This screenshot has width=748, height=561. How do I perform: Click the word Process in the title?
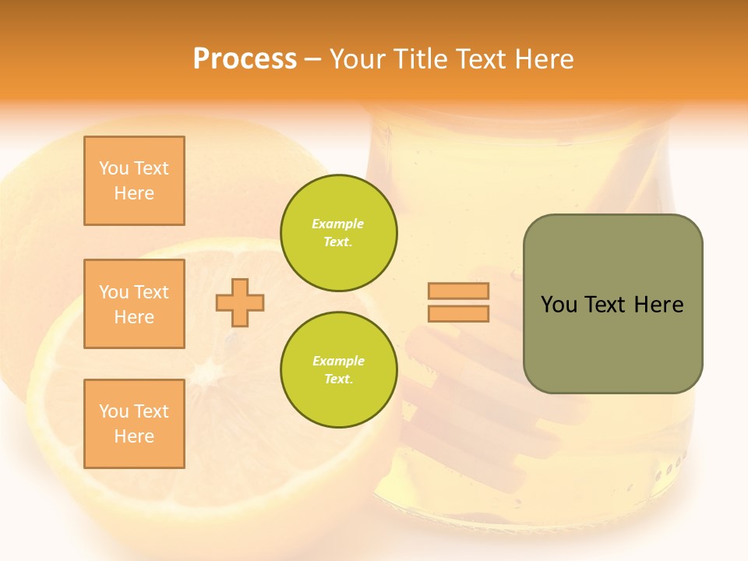[245, 59]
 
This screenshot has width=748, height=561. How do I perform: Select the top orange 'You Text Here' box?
[134, 181]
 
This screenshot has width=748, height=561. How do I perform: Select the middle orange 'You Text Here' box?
[134, 304]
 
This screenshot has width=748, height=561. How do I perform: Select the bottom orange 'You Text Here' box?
[134, 424]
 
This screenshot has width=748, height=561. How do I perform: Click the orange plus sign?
[240, 302]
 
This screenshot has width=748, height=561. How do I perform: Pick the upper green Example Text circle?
[338, 233]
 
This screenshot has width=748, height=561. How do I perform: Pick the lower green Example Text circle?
[338, 370]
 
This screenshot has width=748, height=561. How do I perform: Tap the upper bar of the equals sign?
[458, 291]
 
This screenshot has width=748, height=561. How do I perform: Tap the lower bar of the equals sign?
[458, 313]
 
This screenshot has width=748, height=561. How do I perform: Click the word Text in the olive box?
[605, 305]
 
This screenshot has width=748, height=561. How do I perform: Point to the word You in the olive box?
[558, 305]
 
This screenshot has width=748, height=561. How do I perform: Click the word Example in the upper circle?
[337, 224]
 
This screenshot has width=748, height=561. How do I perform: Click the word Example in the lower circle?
[338, 361]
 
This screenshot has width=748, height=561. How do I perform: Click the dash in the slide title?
[312, 59]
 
